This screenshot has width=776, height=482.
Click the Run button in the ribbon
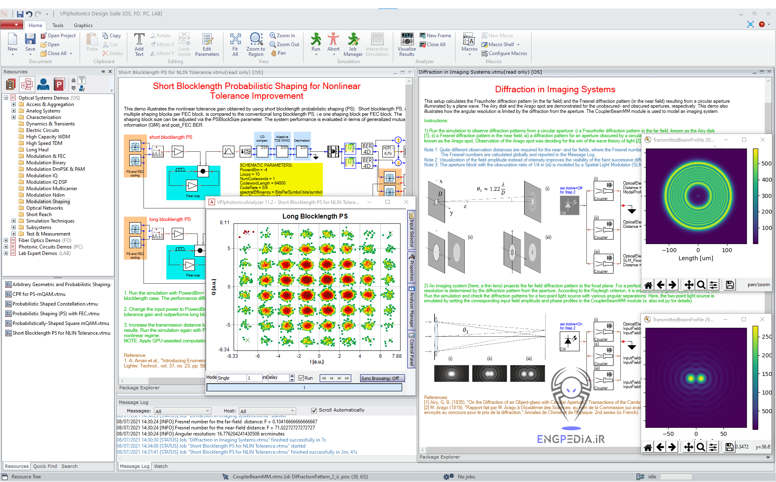coord(316,42)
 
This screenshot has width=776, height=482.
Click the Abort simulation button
coord(333,42)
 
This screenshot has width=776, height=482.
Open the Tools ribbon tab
coord(58,25)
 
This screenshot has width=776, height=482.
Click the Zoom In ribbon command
coord(283,36)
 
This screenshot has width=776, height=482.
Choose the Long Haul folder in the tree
coord(37,150)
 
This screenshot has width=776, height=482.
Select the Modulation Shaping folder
coord(48,202)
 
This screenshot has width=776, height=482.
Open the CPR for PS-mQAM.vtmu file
coord(39,294)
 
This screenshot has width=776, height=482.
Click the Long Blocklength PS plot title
coord(315,216)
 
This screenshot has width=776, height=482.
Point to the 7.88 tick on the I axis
coord(396,356)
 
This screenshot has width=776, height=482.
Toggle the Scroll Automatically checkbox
coord(314,410)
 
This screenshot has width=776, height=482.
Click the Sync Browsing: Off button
coord(380,378)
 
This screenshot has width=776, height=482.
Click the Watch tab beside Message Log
coord(160,466)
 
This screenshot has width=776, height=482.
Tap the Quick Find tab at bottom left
coord(45,466)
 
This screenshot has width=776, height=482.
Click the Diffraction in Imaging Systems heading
coord(555,89)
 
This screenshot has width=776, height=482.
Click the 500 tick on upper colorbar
coord(766,163)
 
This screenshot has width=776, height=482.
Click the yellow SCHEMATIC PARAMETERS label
coord(266,165)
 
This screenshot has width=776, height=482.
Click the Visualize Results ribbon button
coord(407,45)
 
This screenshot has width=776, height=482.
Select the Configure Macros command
coord(507,53)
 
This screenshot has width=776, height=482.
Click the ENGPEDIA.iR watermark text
coord(571,439)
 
